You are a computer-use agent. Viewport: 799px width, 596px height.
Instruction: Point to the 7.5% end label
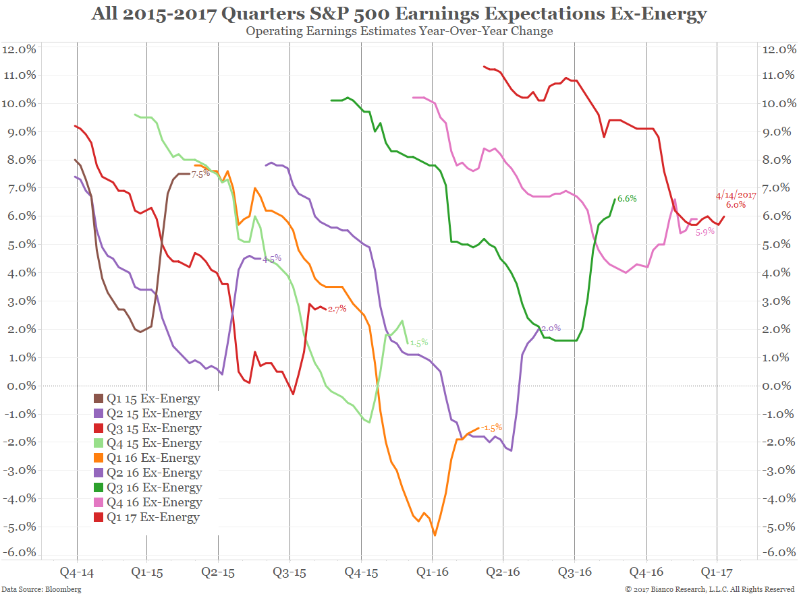click(201, 174)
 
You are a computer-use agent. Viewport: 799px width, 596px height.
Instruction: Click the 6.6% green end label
click(627, 198)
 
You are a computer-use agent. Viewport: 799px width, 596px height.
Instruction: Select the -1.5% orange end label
click(492, 428)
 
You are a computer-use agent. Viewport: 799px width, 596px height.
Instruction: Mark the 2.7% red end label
click(337, 309)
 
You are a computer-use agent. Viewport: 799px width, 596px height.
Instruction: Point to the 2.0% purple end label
click(551, 328)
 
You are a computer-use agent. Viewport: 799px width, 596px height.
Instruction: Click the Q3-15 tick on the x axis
click(290, 572)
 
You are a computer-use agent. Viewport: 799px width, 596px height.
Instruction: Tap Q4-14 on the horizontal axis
click(77, 572)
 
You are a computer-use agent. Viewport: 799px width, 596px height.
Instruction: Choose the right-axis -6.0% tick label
click(777, 552)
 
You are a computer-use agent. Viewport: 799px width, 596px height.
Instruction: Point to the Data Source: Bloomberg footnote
click(41, 589)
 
